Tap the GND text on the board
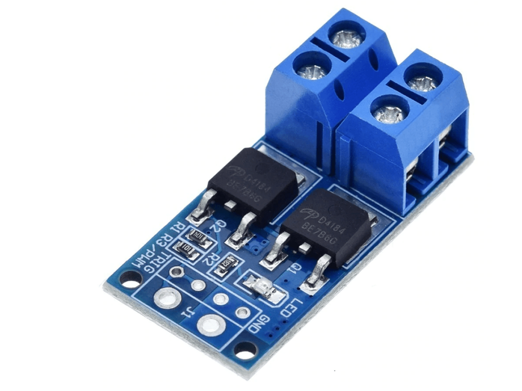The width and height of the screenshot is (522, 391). tap(259, 324)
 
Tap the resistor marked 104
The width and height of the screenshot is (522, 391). tap(199, 236)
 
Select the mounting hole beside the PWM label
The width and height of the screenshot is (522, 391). tap(131, 280)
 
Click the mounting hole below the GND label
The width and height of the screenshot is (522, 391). tap(246, 350)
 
